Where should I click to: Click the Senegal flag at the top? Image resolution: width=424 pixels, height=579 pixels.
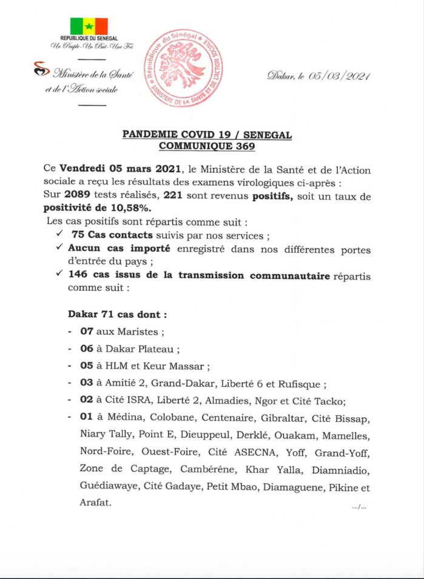coord(89,26)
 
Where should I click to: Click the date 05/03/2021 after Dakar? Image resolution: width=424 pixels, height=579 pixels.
coord(339,76)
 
